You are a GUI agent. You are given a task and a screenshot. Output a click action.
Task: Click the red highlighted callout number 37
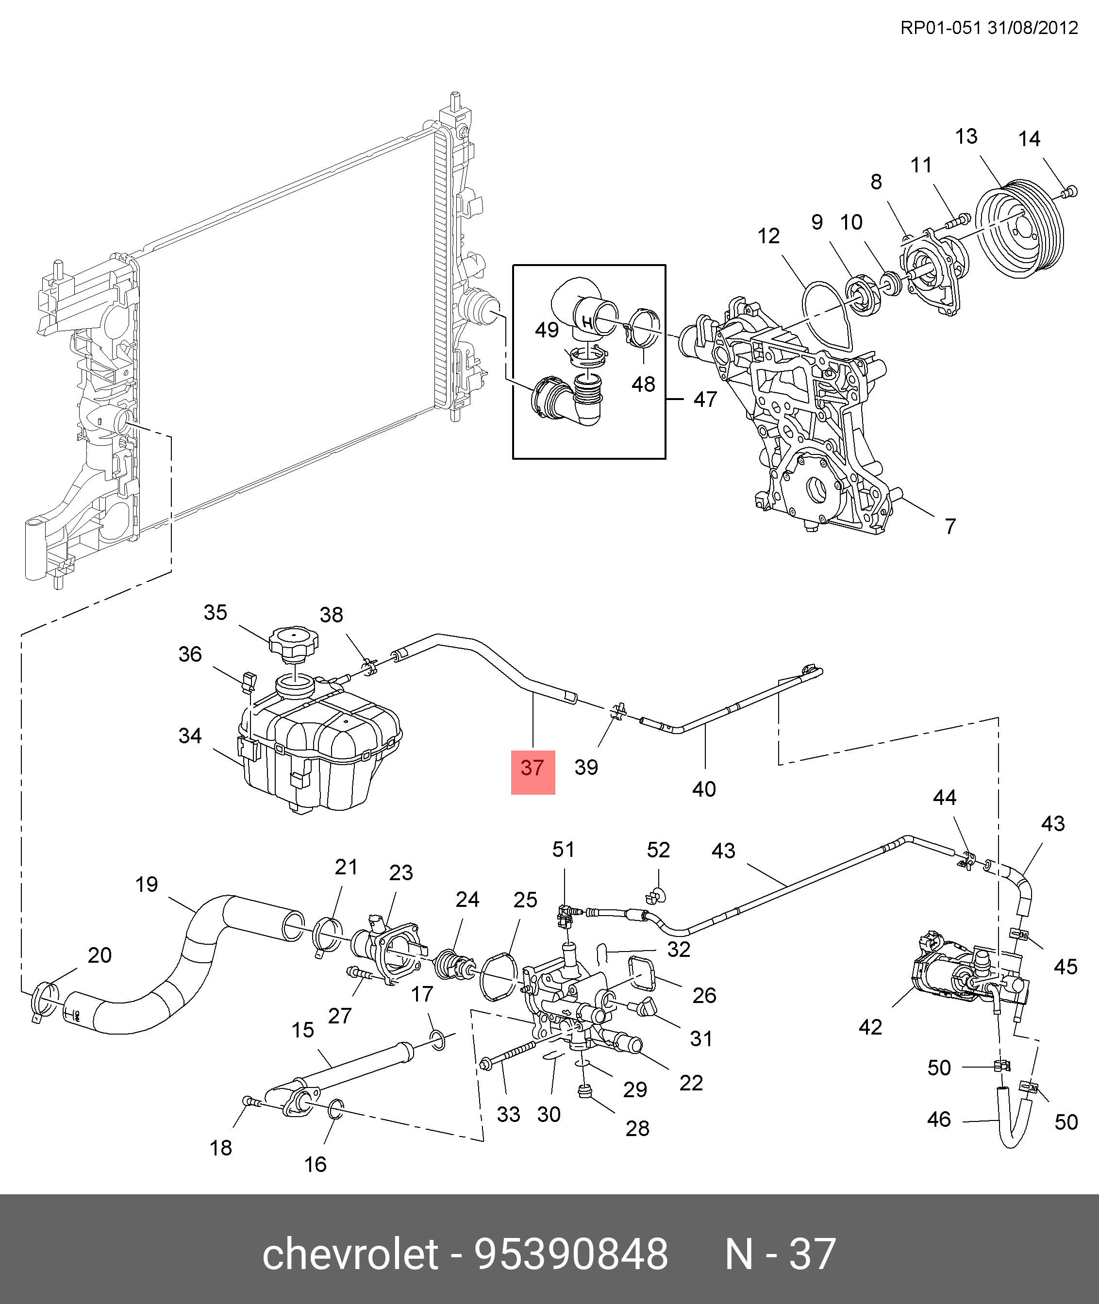tap(533, 768)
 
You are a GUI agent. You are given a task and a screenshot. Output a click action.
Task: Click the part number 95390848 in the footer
tap(571, 1254)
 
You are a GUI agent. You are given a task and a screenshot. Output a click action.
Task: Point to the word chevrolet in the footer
tap(350, 1254)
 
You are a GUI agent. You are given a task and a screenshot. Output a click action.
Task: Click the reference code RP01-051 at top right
tap(940, 28)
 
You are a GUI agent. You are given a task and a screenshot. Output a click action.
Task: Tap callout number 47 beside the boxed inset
tap(705, 400)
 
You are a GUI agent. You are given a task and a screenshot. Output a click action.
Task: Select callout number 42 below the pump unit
tap(870, 1027)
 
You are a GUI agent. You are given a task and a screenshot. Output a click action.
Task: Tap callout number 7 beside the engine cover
tap(950, 526)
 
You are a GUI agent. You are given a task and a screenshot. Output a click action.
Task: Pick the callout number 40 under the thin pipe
tap(704, 789)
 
